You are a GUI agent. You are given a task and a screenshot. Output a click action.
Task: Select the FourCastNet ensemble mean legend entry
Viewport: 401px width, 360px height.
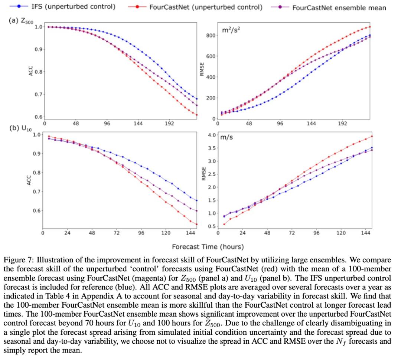coord(339,7)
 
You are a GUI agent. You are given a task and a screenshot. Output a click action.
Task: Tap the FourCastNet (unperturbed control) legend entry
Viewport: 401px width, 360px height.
coord(206,7)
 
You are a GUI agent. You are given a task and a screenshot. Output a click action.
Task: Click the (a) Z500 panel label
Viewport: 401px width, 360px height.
coord(19,21)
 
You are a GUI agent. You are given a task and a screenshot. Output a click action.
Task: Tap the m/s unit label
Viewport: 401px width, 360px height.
coord(226,137)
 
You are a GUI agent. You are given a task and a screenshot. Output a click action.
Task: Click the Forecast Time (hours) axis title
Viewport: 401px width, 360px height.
coord(208,246)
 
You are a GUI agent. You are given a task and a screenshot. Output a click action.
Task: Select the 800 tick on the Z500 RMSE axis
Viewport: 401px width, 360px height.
coord(211,36)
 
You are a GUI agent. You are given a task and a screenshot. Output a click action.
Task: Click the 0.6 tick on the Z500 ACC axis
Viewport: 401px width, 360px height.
coord(38,117)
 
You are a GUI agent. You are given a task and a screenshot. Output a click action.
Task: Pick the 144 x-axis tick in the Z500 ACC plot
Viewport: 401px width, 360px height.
coord(138,124)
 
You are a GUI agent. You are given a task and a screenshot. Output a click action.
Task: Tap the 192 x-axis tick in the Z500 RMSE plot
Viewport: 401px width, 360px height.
coord(343,124)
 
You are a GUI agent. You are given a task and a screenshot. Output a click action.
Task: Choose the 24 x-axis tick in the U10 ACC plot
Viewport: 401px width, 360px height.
coord(67,233)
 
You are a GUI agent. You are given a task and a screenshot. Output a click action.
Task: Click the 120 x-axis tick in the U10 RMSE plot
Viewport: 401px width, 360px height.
coord(341,233)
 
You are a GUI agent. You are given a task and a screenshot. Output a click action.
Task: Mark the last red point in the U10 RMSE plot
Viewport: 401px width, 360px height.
coord(372,136)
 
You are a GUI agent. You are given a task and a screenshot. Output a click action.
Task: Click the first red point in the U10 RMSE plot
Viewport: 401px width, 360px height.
coord(224,224)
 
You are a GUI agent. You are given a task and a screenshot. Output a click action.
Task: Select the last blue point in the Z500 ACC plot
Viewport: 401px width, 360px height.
coord(197,99)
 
